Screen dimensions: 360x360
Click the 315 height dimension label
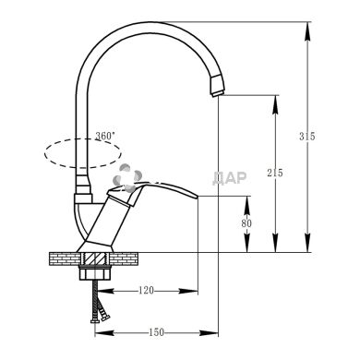tap(307, 136)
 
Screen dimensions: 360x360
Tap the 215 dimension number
tap(275, 173)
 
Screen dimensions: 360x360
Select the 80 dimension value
tap(246, 223)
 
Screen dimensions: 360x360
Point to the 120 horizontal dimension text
tap(146, 290)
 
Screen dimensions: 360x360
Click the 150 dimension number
tap(157, 332)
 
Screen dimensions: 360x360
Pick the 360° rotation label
tap(105, 136)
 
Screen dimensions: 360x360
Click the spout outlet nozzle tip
tap(218, 93)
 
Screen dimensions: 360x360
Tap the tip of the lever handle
tap(197, 196)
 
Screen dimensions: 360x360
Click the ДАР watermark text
tap(230, 178)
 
